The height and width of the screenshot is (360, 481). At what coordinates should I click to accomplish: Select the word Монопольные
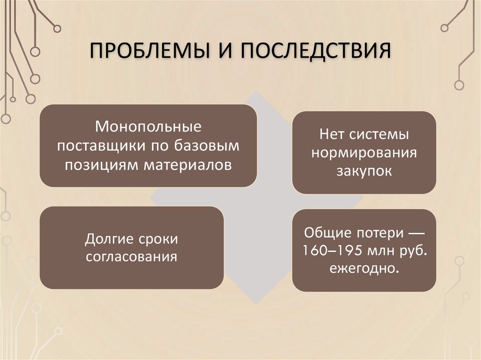point(148,127)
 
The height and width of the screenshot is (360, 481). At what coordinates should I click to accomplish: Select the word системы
point(379,135)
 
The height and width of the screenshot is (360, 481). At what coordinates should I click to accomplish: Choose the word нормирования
point(364,153)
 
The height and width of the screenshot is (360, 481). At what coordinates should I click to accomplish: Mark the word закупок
point(364,171)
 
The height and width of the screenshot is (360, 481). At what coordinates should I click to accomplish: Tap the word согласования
point(131,257)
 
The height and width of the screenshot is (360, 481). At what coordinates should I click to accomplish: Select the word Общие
point(322,232)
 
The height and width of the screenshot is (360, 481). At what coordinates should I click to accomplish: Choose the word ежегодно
point(364,269)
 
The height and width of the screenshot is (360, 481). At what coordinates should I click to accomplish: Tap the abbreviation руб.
point(413,251)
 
